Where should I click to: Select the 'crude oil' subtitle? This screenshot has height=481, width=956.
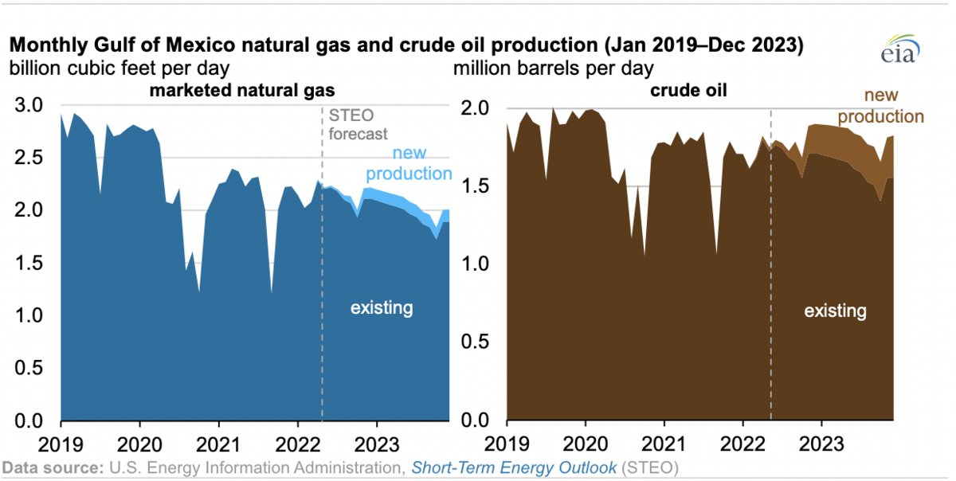(x=693, y=90)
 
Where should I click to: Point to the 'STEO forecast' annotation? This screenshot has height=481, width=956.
(x=358, y=127)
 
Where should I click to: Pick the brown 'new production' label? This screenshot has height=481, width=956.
(x=880, y=106)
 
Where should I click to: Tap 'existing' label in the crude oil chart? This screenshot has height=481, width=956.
(x=835, y=310)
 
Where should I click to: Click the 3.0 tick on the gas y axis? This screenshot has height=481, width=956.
(x=31, y=105)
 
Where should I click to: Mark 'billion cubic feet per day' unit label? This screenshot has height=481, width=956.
(x=119, y=68)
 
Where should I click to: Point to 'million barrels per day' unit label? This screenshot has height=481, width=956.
(x=554, y=68)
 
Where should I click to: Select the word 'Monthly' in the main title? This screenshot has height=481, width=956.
(x=45, y=45)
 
